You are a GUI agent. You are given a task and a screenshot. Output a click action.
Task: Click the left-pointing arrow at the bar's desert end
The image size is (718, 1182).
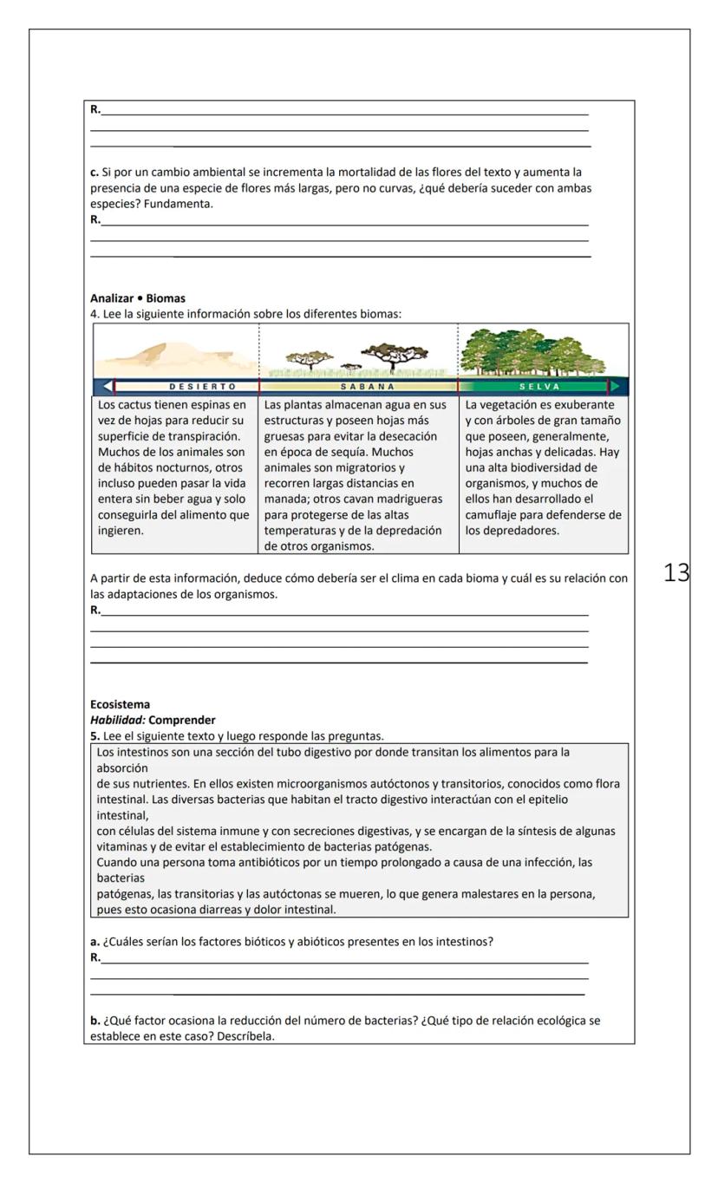[107, 387]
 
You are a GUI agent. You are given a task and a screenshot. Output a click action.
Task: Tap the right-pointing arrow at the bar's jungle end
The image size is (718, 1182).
[616, 387]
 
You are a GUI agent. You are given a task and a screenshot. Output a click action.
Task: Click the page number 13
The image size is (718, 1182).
[676, 572]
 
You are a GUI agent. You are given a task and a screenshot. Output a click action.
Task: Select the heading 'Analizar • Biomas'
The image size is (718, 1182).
[138, 298]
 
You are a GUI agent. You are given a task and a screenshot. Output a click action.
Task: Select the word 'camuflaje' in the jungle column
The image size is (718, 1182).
[495, 514]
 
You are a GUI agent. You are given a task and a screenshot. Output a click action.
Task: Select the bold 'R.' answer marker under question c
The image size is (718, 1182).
[95, 219]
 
